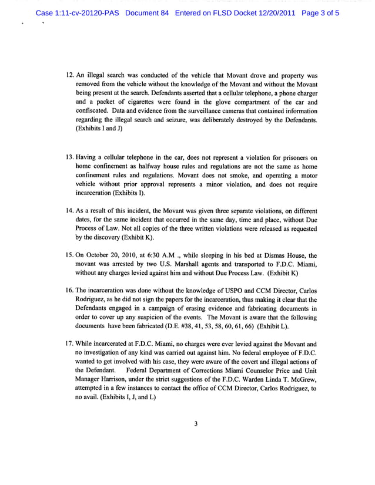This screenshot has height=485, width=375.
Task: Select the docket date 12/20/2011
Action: pyautogui.click(x=276, y=12)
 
